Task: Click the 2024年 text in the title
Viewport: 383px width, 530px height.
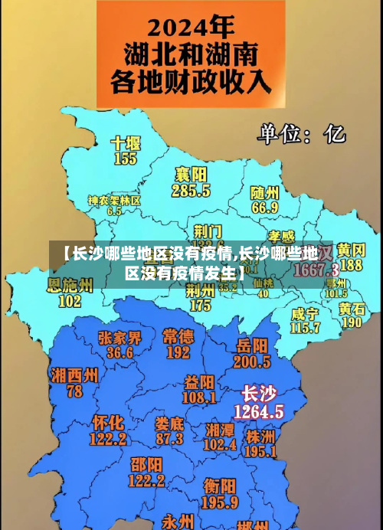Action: [x=189, y=28]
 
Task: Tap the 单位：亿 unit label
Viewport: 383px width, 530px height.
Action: [x=301, y=134]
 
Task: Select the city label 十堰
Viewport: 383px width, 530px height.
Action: [x=126, y=143]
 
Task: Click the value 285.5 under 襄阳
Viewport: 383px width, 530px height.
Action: [x=191, y=191]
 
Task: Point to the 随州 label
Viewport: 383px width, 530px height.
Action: [x=265, y=191]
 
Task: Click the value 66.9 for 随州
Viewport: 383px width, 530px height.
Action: [x=265, y=207]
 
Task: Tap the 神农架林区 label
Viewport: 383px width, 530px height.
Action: [x=114, y=200]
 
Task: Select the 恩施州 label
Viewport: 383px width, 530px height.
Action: [x=70, y=286]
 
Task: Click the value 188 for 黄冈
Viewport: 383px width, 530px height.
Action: [x=351, y=265]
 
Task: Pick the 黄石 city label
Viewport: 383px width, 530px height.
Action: [x=352, y=308]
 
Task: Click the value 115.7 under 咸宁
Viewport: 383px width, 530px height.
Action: [x=306, y=328]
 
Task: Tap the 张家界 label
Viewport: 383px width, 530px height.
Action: [x=120, y=338]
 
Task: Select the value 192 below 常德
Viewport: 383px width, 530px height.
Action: [x=178, y=353]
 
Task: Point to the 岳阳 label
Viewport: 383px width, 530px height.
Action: [x=253, y=345]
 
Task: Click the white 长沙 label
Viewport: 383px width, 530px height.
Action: [x=258, y=394]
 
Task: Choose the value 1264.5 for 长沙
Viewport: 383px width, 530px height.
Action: [x=258, y=411]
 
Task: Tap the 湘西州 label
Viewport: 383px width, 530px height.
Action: [x=74, y=375]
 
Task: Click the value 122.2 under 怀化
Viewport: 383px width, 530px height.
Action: [x=108, y=440]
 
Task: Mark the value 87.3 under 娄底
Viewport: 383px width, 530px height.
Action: [x=169, y=439]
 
